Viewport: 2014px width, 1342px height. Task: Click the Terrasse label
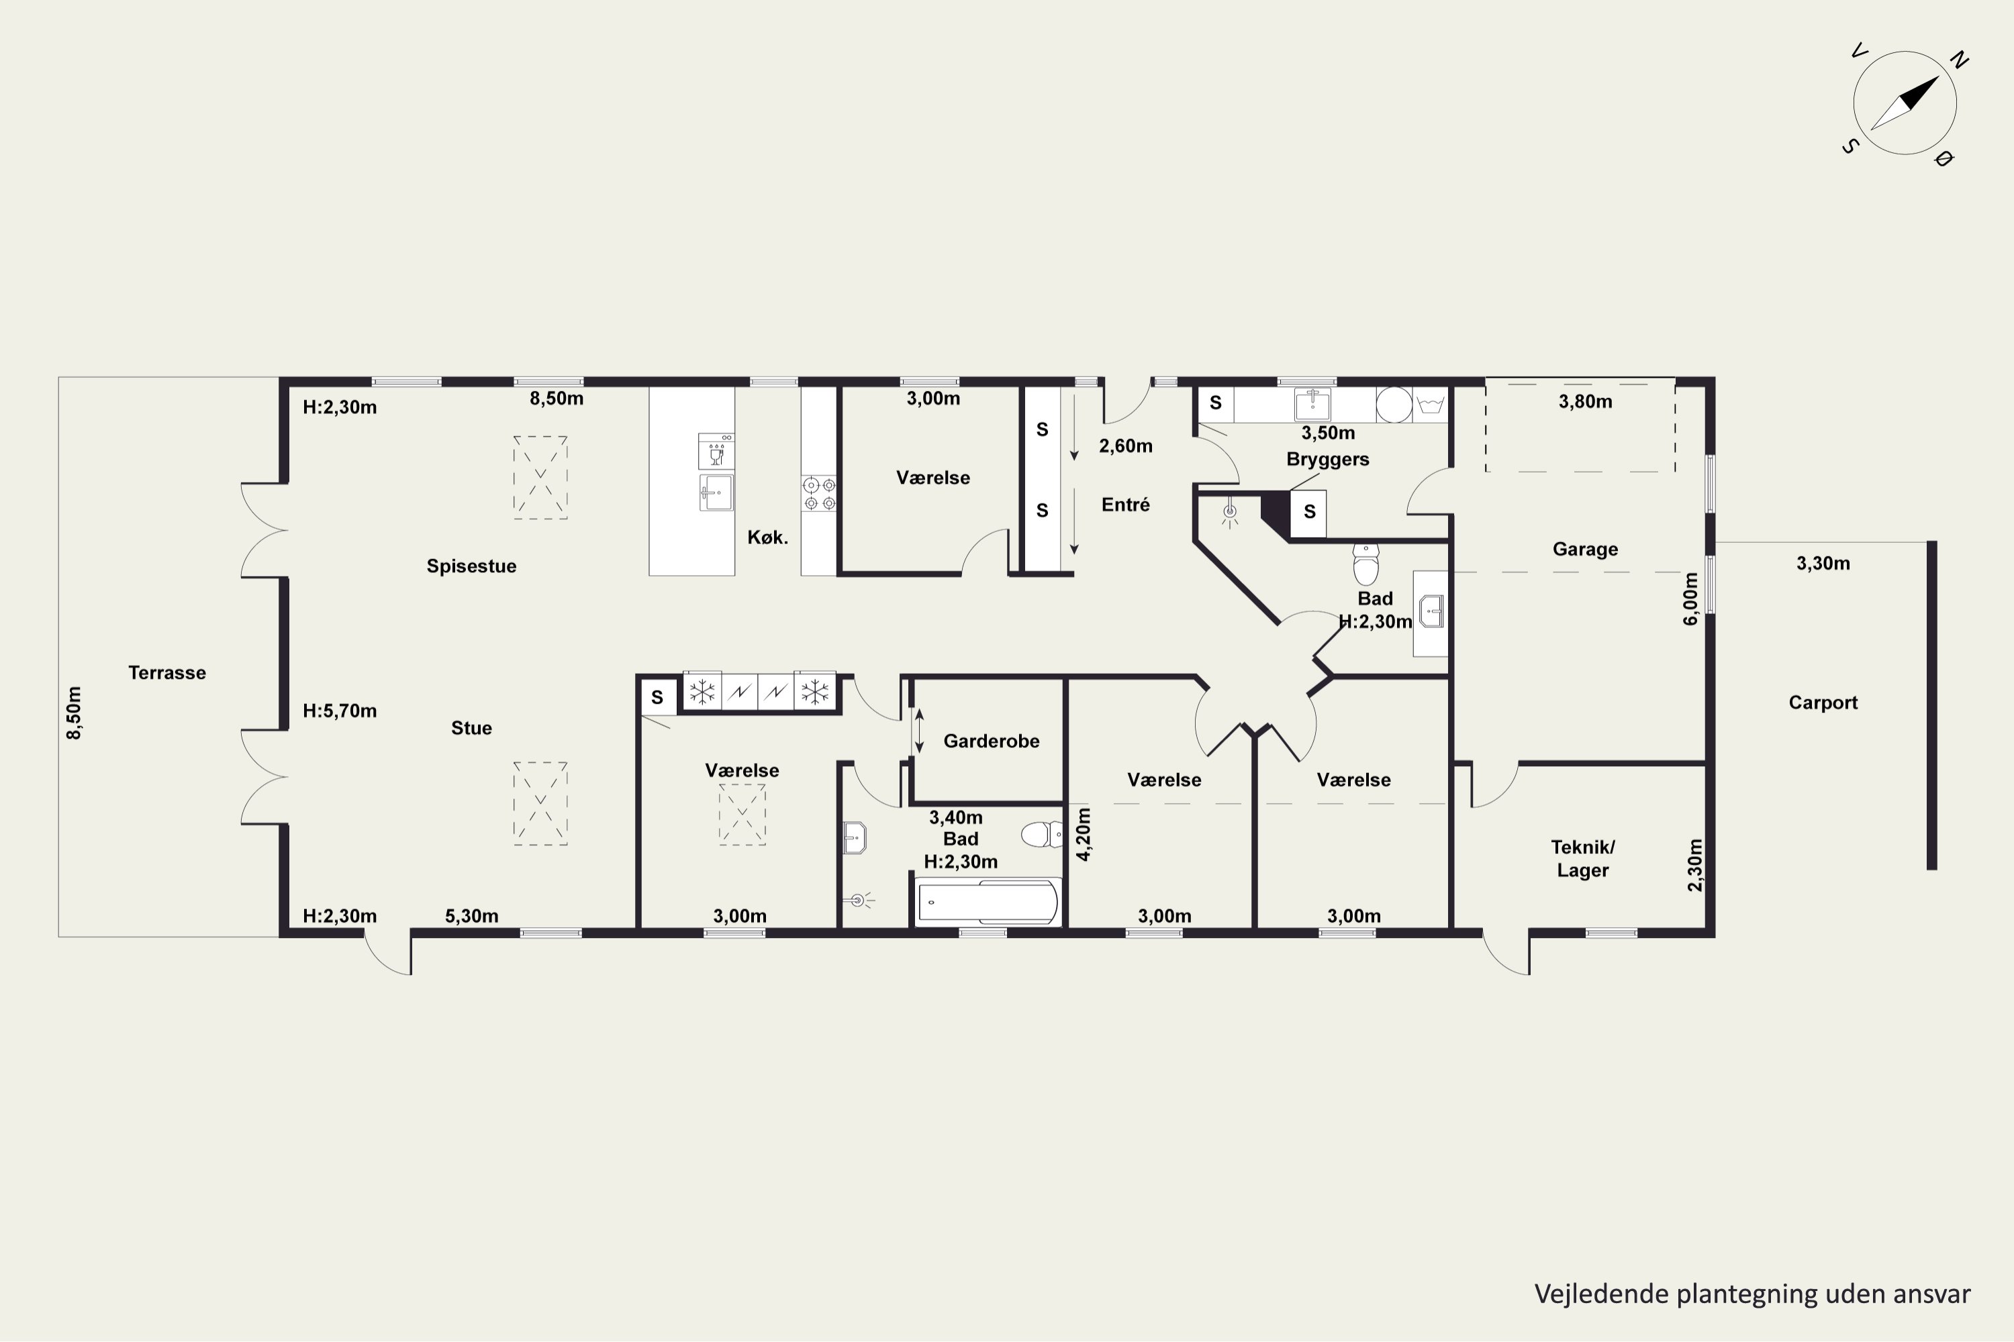click(x=167, y=673)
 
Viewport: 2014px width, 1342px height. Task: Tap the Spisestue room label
click(x=472, y=566)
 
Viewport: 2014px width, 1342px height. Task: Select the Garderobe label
click(x=992, y=741)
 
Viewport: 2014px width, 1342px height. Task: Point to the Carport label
click(x=1823, y=703)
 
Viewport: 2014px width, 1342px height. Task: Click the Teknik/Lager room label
click(x=1582, y=858)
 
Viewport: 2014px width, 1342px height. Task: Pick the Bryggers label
click(x=1328, y=460)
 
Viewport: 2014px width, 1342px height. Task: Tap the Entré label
click(x=1125, y=505)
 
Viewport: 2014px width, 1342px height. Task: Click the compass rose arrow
click(x=1905, y=103)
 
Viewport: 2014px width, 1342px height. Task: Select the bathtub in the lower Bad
click(x=988, y=902)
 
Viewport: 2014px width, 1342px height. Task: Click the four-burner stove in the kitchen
click(x=818, y=494)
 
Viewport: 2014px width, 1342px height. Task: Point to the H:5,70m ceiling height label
click(x=340, y=711)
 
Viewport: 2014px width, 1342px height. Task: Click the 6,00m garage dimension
click(x=1690, y=599)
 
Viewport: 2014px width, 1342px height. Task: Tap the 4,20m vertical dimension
click(x=1084, y=835)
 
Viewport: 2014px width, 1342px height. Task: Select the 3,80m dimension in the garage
click(x=1585, y=401)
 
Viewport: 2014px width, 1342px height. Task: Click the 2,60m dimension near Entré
click(x=1125, y=446)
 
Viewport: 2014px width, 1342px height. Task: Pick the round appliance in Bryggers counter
click(x=1394, y=405)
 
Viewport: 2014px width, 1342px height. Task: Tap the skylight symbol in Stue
click(x=540, y=804)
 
